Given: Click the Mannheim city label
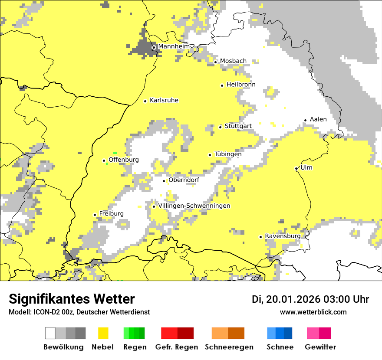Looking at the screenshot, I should click(x=174, y=46).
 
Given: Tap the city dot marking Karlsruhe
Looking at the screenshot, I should click(x=145, y=101).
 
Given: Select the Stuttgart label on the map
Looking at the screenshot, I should click(x=238, y=126).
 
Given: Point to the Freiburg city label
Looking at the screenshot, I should click(x=111, y=214).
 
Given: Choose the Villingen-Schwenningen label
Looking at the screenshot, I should click(x=194, y=206).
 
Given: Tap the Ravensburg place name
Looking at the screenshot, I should click(x=282, y=236).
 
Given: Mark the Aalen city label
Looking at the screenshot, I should click(x=318, y=119).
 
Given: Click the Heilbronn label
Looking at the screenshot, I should click(x=241, y=85).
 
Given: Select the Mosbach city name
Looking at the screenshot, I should click(x=233, y=61).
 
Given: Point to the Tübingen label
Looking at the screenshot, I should click(x=228, y=154).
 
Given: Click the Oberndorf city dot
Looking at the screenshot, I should click(x=164, y=181).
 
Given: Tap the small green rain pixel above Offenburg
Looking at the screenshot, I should click(x=115, y=153).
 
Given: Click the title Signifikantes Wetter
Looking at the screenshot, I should click(x=72, y=299).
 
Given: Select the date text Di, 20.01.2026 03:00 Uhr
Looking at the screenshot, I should click(x=310, y=299).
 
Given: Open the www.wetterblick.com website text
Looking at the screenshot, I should click(x=313, y=312).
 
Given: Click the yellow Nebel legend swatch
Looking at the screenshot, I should click(x=103, y=333).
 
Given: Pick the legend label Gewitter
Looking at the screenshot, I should click(x=320, y=347).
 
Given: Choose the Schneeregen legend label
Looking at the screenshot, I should click(x=229, y=347).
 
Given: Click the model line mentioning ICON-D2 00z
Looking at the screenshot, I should click(x=79, y=312).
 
